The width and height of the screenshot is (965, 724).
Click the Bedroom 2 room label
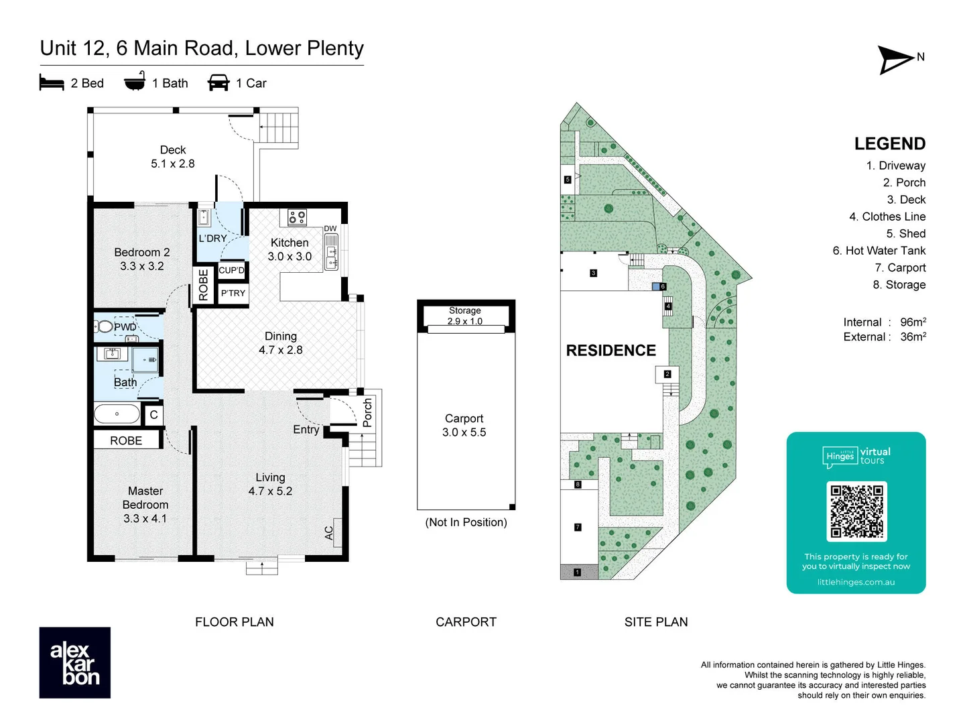tap(141, 259)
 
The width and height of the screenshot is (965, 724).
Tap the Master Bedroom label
tap(145, 504)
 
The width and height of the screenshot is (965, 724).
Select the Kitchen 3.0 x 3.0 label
tap(289, 249)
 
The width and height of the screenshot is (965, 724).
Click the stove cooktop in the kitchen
tap(297, 217)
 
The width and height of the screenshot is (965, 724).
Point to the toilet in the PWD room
tap(105, 327)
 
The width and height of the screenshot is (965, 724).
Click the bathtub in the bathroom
tap(117, 414)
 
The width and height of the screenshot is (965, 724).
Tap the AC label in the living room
tap(329, 532)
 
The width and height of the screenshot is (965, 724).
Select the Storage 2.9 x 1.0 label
tap(465, 316)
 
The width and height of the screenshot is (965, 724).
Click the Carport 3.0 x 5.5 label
tap(464, 425)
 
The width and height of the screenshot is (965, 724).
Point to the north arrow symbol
tap(897, 60)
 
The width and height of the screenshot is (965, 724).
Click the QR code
tap(856, 511)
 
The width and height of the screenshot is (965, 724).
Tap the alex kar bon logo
tap(75, 662)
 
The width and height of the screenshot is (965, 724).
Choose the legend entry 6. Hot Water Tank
tap(879, 251)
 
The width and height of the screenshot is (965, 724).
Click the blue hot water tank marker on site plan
tap(655, 286)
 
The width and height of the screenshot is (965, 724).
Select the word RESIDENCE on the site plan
tap(610, 351)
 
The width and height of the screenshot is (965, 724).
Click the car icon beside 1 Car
tap(218, 82)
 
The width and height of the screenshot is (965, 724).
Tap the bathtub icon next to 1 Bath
tap(135, 81)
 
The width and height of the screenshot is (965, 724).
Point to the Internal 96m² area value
tap(912, 322)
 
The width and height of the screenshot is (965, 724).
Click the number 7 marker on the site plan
tap(578, 528)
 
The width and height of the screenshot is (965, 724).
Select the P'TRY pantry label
tap(233, 293)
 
